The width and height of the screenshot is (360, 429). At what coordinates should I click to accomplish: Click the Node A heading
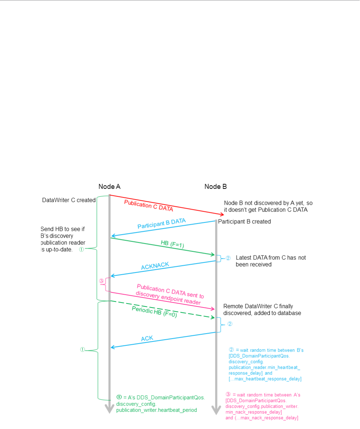[109, 186]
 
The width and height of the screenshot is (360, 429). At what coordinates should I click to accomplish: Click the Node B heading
[215, 186]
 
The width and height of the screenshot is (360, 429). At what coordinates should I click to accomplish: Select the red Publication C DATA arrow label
[149, 206]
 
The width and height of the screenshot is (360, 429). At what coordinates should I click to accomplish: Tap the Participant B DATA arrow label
[161, 223]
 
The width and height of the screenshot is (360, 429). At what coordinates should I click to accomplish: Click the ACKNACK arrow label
[155, 265]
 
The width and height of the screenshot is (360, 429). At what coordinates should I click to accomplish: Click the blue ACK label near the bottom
[147, 338]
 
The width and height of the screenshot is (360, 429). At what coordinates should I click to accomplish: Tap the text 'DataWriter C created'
[69, 200]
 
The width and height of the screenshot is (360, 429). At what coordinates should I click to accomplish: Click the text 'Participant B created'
[245, 222]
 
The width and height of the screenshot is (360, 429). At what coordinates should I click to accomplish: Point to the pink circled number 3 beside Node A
[102, 281]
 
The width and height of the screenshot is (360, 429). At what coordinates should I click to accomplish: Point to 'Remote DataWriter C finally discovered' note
[262, 310]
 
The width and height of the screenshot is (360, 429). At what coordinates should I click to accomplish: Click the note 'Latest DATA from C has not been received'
[271, 261]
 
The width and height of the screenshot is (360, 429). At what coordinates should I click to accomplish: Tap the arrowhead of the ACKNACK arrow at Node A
[113, 275]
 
